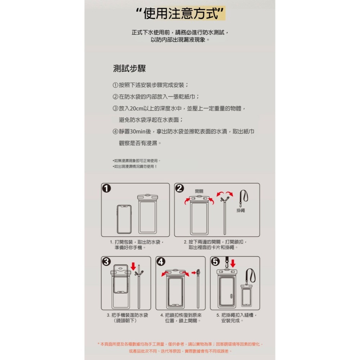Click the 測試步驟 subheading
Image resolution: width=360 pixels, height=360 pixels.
(129, 68)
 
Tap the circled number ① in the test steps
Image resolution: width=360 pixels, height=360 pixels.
(115, 85)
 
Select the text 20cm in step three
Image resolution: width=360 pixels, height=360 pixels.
(136, 109)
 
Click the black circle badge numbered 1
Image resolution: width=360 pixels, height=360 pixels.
(106, 188)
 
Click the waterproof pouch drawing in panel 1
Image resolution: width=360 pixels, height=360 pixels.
(148, 214)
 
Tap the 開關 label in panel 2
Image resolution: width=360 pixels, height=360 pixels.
(199, 191)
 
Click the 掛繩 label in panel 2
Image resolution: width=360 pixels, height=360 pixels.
(241, 210)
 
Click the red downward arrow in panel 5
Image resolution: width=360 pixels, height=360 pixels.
(233, 263)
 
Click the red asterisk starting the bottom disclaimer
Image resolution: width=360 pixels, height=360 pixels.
(99, 344)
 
